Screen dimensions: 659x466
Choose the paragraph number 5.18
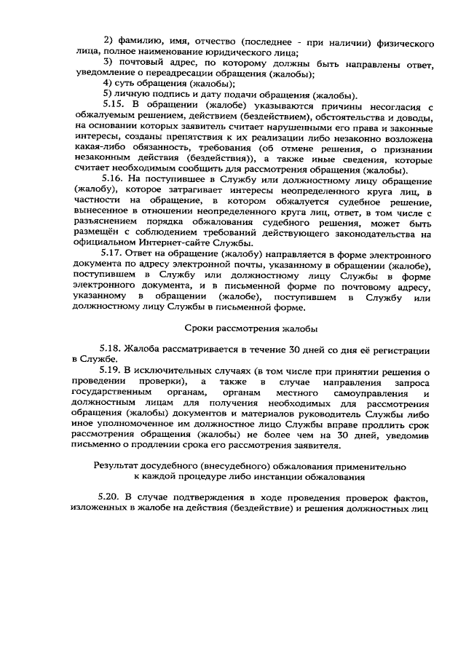(113, 351)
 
